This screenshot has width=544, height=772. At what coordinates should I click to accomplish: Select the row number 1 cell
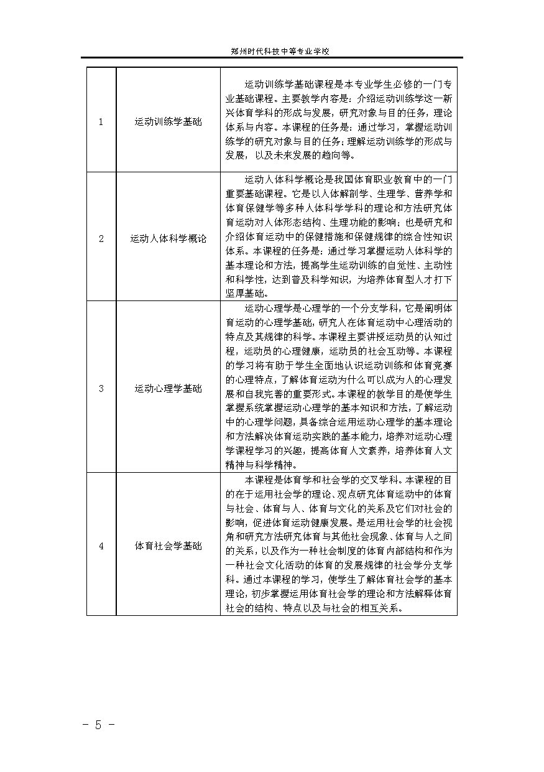101,122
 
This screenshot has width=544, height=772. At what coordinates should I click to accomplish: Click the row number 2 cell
101,238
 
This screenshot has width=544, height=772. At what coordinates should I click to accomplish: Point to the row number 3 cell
101,389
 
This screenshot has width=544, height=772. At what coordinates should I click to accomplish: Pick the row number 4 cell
101,546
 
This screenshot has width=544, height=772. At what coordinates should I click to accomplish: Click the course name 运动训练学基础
168,122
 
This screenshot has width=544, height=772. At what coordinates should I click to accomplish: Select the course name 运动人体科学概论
168,238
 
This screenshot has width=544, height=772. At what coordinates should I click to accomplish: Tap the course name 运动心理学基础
168,389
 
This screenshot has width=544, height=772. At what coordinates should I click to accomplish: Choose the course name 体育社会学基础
168,546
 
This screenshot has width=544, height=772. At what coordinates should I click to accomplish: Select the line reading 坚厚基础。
247,293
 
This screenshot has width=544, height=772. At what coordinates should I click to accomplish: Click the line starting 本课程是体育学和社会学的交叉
348,480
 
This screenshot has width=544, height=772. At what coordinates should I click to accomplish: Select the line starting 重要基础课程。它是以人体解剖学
339,193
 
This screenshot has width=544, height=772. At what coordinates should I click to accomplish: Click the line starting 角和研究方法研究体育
339,537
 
